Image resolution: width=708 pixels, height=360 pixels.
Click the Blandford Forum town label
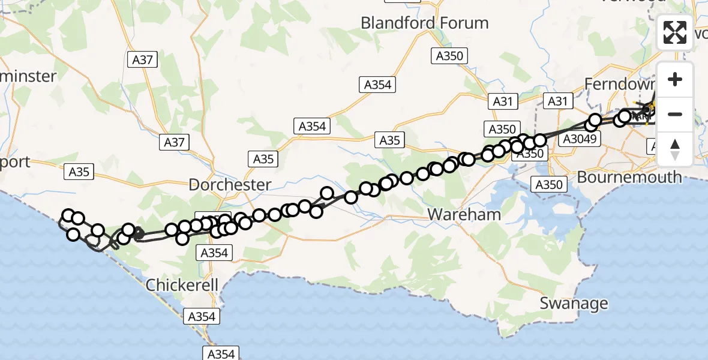424,23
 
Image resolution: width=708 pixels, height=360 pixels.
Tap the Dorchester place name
230,185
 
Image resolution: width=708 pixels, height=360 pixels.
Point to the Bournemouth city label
629,177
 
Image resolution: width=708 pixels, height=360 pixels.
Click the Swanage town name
574,303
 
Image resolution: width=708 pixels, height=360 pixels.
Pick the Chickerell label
182,285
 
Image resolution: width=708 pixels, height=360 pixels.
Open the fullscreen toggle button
675,32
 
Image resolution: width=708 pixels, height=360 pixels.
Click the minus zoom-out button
675,114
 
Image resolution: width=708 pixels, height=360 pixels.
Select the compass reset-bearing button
675,149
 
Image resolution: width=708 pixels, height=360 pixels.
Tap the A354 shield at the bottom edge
221,354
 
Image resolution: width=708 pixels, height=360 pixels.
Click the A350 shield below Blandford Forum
449,56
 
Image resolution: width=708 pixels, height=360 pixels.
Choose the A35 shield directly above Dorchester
263,159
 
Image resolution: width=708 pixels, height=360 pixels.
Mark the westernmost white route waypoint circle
68,216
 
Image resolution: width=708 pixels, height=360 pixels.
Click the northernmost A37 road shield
143,59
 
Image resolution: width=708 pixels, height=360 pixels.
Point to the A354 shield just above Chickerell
214,253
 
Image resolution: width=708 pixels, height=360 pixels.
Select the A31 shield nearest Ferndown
557,101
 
